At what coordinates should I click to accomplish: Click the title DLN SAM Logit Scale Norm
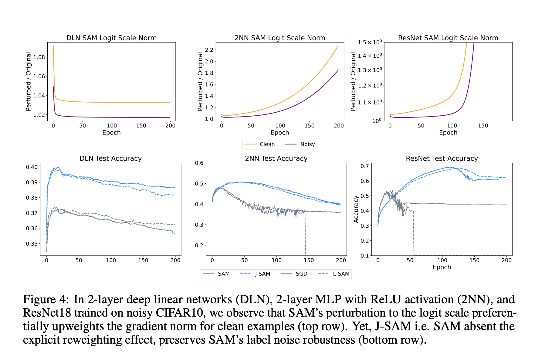[111, 38]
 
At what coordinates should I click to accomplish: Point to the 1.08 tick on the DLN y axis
[39, 57]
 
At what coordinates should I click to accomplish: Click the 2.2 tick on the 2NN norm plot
[209, 50]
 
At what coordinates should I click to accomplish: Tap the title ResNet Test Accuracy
[442, 158]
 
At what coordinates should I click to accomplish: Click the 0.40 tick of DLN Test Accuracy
[32, 167]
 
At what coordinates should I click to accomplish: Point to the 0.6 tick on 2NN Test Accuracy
[199, 163]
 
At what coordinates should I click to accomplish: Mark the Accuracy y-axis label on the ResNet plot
[356, 209]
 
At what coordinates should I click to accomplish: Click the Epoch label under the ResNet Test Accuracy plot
[442, 267]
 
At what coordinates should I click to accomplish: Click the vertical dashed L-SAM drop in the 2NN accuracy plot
[305, 234]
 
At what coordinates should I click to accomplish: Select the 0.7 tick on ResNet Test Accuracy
[364, 166]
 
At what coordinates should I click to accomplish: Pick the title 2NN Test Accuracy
[276, 158]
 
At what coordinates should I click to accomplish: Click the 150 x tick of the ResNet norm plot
[482, 126]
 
